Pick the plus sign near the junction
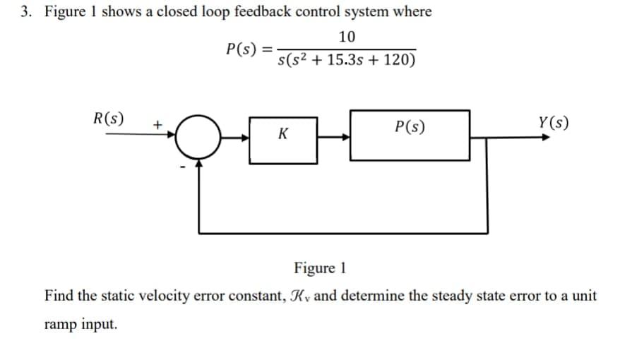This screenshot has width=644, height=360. pyautogui.click(x=158, y=124)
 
